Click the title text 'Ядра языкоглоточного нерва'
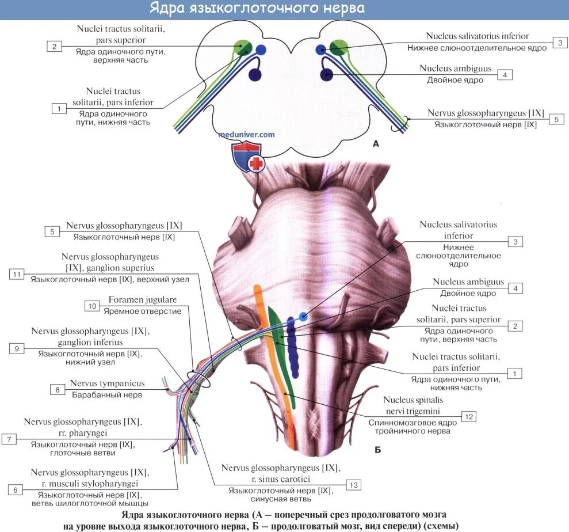(257, 9)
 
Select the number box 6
(16, 489)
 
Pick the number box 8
(58, 389)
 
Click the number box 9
(17, 348)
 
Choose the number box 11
(17, 274)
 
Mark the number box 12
(469, 416)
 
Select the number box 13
(353, 485)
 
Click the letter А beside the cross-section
(376, 145)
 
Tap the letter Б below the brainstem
(377, 450)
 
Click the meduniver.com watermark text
(246, 135)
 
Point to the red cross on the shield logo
(256, 164)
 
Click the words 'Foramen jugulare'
(143, 300)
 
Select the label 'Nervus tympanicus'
(107, 383)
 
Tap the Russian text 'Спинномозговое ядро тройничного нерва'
(413, 426)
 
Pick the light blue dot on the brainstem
(303, 317)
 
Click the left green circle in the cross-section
(243, 47)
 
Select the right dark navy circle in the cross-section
(327, 74)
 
